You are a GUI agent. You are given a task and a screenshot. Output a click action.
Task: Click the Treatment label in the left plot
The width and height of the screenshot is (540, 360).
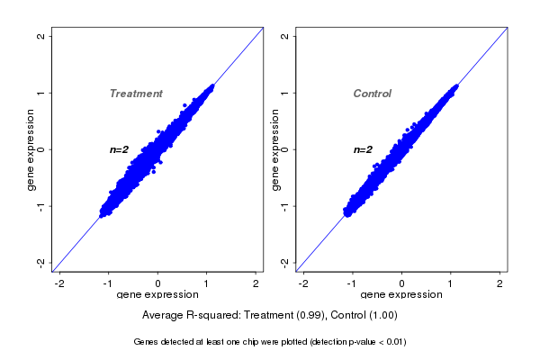[136, 94]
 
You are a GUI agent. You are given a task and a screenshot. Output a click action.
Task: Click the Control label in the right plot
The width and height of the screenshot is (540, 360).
[373, 94]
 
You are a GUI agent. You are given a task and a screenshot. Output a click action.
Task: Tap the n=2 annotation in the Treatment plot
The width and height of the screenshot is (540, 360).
[121, 149]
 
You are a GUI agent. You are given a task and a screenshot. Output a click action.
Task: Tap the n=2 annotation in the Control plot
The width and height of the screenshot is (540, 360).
[363, 149]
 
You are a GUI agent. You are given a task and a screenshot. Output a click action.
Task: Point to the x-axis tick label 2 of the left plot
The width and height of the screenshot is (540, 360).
[256, 284]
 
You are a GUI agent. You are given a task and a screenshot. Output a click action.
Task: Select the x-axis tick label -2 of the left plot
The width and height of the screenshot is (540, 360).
[59, 284]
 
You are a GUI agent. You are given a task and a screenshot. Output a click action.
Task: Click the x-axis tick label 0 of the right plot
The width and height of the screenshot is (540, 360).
[402, 284]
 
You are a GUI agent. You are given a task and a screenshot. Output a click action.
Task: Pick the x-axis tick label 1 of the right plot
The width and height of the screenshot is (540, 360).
[452, 284]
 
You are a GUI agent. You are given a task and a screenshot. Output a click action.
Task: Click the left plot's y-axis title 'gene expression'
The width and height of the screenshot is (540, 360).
[31, 149]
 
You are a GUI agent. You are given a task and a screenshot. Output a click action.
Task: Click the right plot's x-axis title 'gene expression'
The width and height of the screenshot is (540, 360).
[401, 295]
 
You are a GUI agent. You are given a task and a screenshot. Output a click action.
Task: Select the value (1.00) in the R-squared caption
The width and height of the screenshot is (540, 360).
[381, 315]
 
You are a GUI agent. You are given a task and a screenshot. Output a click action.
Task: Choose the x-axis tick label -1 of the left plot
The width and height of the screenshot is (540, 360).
[108, 284]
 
